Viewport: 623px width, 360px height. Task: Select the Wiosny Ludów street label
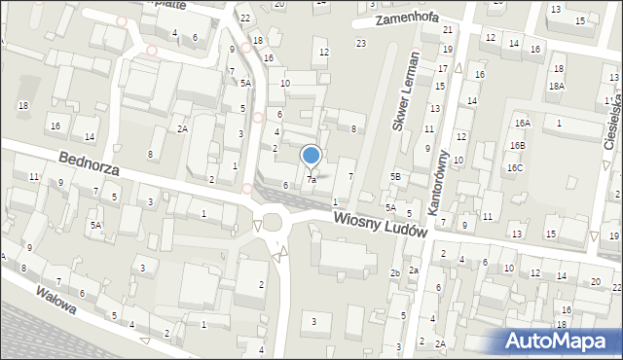380,223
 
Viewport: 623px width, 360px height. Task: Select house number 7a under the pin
311,180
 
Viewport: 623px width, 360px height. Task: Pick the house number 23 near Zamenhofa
361,43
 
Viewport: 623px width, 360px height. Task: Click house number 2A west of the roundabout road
182,128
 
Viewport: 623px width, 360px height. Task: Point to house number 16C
514,168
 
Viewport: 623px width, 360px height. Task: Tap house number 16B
516,145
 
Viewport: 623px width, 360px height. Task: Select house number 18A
556,86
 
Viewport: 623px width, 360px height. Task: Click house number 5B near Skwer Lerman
395,176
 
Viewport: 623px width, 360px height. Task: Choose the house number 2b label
395,272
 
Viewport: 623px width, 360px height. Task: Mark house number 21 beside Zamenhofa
448,30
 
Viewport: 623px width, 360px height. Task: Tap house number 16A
523,123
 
